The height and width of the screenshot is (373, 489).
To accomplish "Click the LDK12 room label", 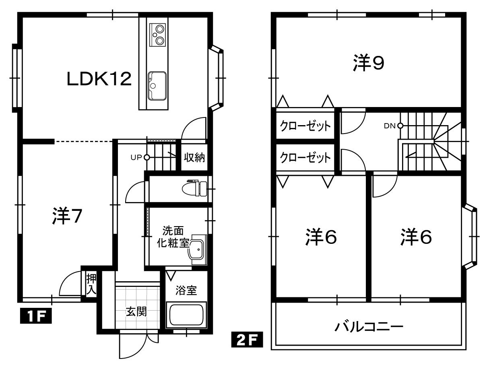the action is (99, 79).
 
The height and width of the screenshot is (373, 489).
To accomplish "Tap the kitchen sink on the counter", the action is (157, 86).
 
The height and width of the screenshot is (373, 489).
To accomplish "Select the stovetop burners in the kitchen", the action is (158, 35).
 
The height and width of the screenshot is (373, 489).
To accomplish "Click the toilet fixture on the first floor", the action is (195, 189).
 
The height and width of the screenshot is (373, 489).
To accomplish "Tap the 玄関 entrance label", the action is (136, 311).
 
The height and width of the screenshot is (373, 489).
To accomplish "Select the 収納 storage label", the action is (194, 157).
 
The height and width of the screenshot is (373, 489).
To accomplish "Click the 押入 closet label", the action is (91, 284).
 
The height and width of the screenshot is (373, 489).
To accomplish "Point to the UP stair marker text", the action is (136, 158).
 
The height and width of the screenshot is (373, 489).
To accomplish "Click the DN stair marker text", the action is (390, 126).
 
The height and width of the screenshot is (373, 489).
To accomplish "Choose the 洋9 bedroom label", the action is (369, 63).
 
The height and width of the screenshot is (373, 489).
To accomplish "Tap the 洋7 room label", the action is (67, 216).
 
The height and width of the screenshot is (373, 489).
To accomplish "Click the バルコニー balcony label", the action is (369, 327).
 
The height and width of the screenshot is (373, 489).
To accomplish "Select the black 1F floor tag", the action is (36, 315).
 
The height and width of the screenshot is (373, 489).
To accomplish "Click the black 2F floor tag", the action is (247, 339).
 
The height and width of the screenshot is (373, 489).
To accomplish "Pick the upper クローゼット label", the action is (305, 126).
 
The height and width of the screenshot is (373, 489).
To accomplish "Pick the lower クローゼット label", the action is (305, 158).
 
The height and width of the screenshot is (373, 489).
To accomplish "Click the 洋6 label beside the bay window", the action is (416, 237).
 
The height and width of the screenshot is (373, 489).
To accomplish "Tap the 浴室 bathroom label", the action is (186, 291).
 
